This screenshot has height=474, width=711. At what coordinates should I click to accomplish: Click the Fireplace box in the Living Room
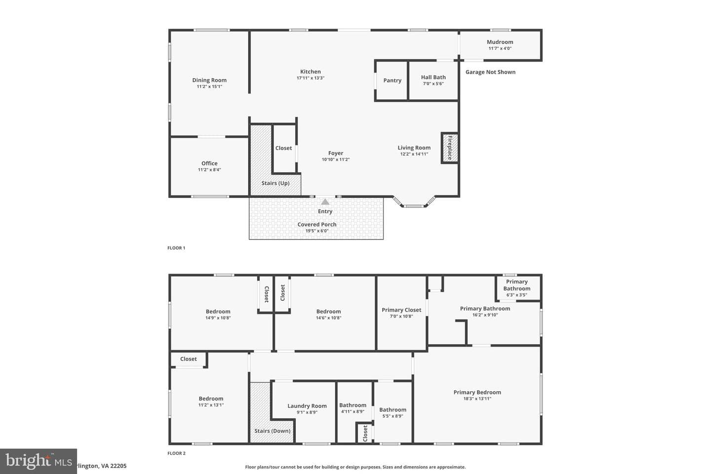450,148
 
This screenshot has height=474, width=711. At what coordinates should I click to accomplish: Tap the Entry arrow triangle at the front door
325,202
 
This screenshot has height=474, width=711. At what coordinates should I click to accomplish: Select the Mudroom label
500,42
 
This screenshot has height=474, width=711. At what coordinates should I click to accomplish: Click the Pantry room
392,80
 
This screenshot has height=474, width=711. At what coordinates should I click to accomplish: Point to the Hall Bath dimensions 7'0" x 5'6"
434,84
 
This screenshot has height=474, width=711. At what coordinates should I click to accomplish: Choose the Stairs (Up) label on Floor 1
276,183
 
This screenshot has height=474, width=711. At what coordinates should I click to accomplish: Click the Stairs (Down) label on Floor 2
273,431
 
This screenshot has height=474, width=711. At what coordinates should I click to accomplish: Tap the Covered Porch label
317,225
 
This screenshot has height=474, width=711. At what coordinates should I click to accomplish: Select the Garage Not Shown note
490,72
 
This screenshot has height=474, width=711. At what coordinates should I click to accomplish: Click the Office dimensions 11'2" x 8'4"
209,170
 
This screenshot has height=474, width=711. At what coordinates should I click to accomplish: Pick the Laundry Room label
307,406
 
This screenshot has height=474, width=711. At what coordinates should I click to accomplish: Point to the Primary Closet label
401,310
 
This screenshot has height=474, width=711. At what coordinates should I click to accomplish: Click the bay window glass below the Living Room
414,206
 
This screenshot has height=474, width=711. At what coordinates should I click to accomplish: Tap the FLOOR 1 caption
176,248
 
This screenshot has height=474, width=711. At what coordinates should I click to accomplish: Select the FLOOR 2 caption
176,453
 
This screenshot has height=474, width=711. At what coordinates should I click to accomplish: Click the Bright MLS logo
39,461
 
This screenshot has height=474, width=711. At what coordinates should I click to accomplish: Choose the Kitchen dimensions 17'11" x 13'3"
311,78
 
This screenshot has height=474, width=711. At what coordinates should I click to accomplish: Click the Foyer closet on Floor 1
284,149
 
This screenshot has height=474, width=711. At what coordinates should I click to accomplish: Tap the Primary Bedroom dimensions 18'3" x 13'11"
477,399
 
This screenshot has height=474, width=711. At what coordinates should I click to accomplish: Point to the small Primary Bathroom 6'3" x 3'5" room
518,288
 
